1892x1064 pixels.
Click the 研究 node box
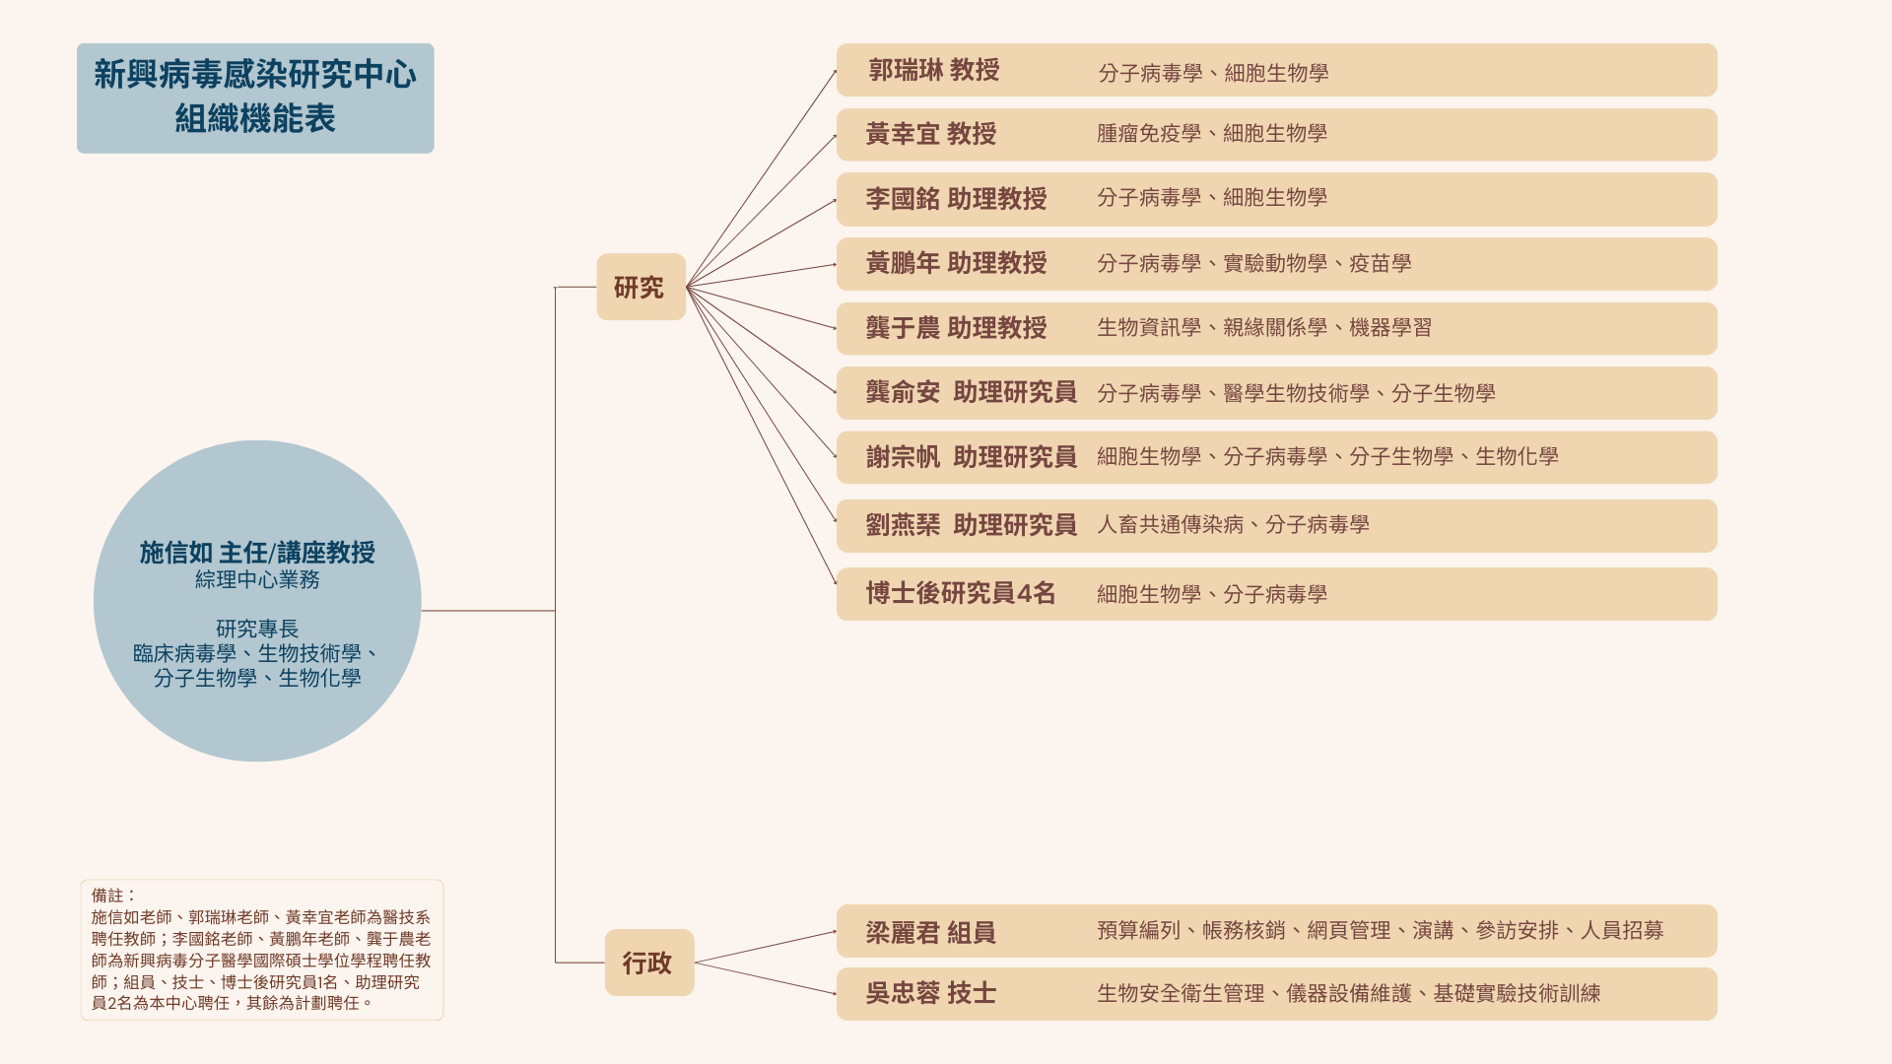click(x=641, y=287)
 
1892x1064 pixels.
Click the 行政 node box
click(x=648, y=963)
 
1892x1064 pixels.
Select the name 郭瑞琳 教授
click(x=933, y=70)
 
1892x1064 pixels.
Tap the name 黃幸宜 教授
click(x=930, y=134)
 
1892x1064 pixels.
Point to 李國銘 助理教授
click(x=956, y=199)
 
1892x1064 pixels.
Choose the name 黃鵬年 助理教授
click(x=956, y=263)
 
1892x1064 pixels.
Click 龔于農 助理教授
click(x=956, y=328)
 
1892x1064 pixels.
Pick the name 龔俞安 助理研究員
click(x=971, y=392)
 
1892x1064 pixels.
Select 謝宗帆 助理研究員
click(x=971, y=457)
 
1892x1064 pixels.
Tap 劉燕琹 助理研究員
click(x=971, y=525)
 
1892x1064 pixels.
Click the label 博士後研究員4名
click(x=960, y=593)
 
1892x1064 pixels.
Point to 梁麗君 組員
click(x=930, y=932)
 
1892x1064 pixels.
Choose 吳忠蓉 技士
click(x=930, y=993)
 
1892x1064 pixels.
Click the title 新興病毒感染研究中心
click(x=255, y=75)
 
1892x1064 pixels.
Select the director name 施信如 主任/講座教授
click(x=257, y=553)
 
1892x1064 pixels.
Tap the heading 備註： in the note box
click(x=113, y=896)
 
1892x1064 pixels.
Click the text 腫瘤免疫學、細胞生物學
click(x=1212, y=134)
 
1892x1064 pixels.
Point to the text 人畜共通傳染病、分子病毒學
click(x=1233, y=525)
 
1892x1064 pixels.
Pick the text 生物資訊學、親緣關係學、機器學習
click(x=1264, y=328)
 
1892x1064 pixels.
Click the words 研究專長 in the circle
click(x=257, y=629)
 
